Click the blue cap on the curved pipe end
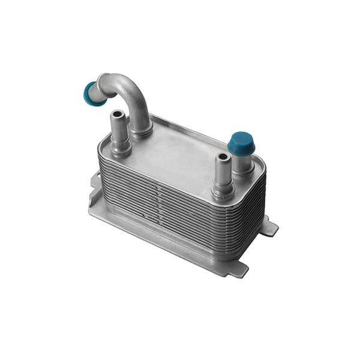(x=91, y=92)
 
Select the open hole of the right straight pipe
(x=223, y=157)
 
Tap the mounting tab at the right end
(x=269, y=227)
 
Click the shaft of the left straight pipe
(x=118, y=127)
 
